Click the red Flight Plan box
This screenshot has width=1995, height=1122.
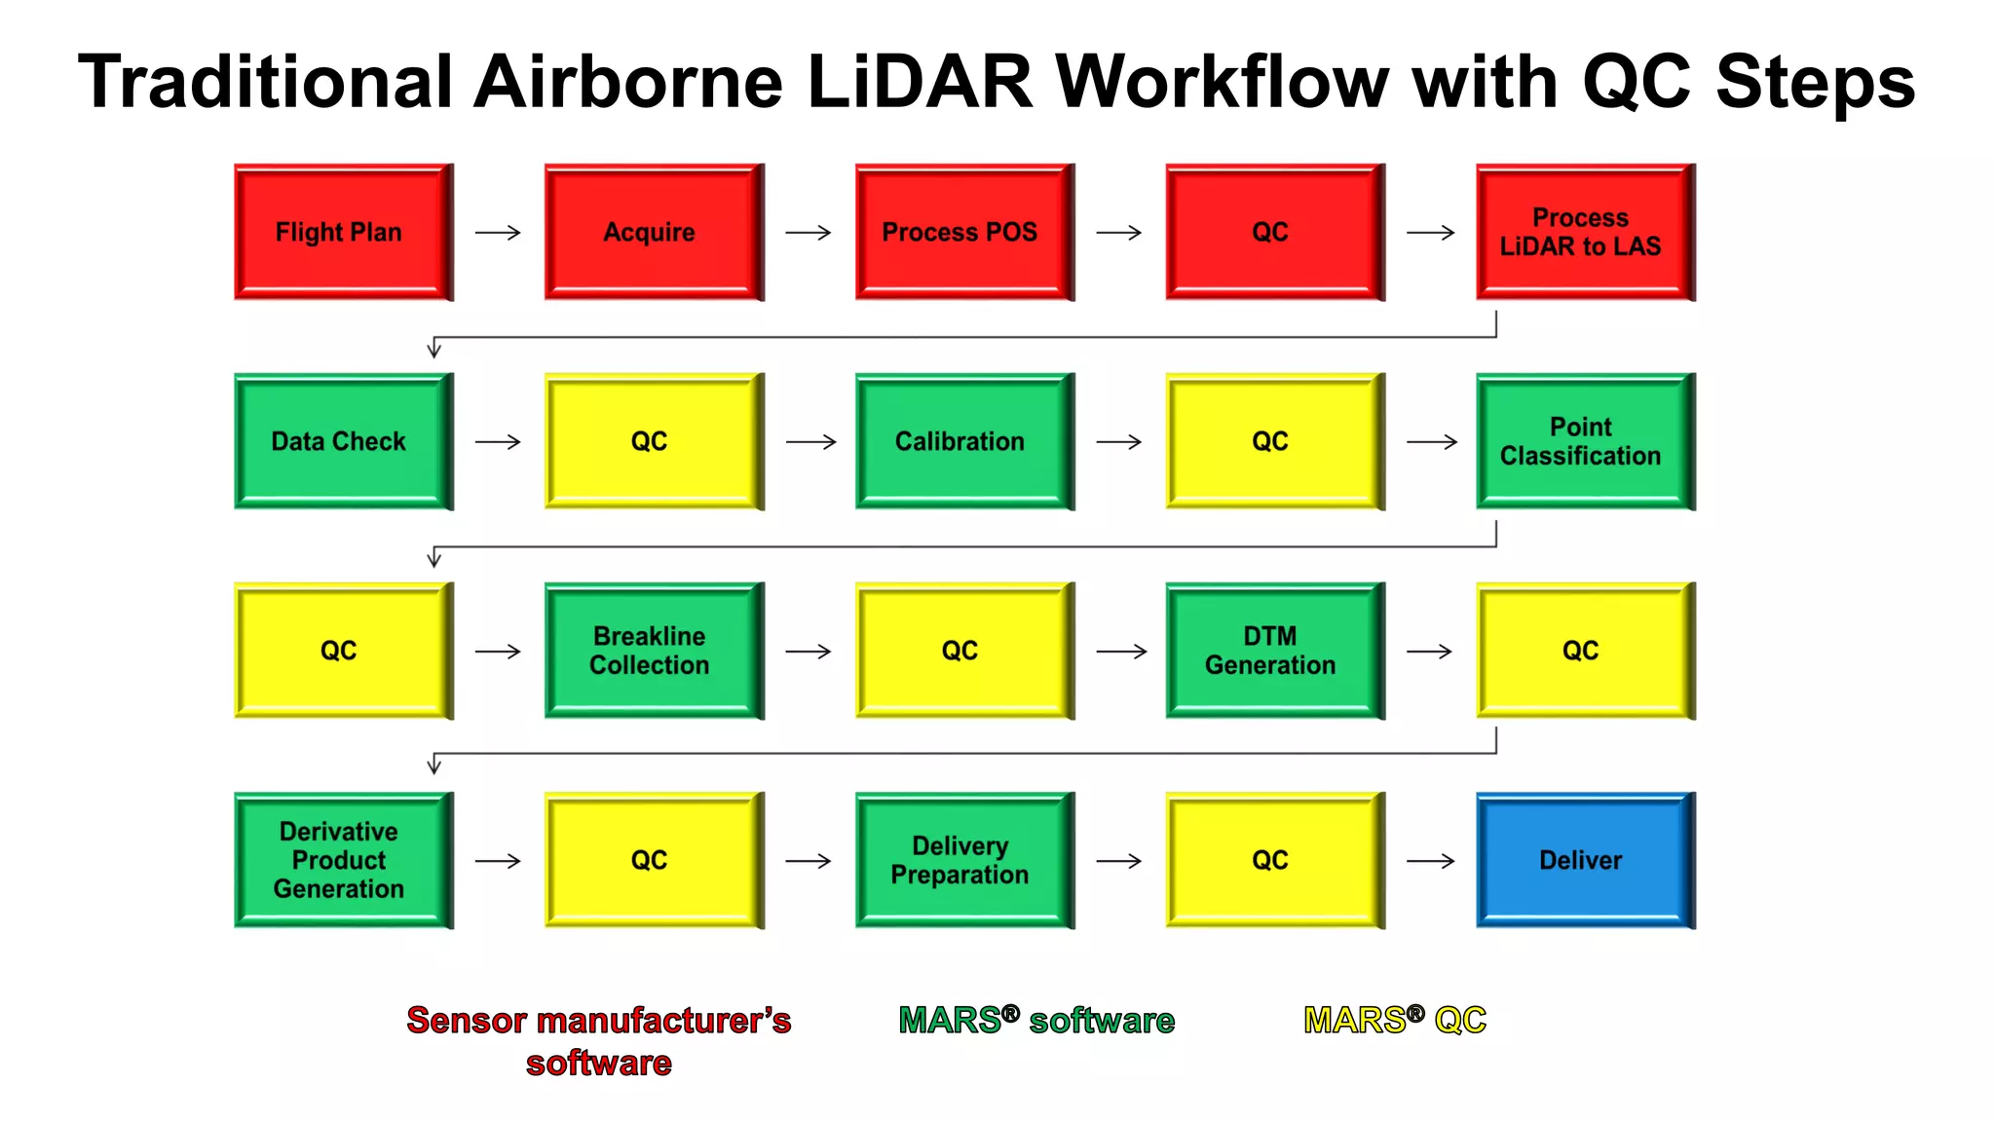(x=343, y=232)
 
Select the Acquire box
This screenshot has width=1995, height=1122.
(x=654, y=232)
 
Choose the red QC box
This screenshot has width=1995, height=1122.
(x=1274, y=232)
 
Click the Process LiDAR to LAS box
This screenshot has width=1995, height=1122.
(x=1585, y=232)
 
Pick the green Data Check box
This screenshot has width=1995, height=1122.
(x=343, y=441)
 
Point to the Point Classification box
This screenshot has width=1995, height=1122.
(x=1585, y=441)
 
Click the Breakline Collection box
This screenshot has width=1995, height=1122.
(x=654, y=651)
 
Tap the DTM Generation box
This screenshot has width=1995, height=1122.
(x=1274, y=651)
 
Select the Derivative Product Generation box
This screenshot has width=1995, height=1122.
(x=343, y=860)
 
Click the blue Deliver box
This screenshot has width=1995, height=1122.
(x=1585, y=860)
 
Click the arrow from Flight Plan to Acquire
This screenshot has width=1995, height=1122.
(x=498, y=233)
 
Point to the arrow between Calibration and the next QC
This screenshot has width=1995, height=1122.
(x=1119, y=442)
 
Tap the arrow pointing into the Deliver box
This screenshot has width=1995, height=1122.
(x=1430, y=861)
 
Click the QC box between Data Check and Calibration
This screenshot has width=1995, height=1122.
(x=654, y=441)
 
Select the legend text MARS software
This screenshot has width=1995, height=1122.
(x=1036, y=1021)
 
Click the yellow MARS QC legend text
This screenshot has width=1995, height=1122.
(x=1394, y=1021)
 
